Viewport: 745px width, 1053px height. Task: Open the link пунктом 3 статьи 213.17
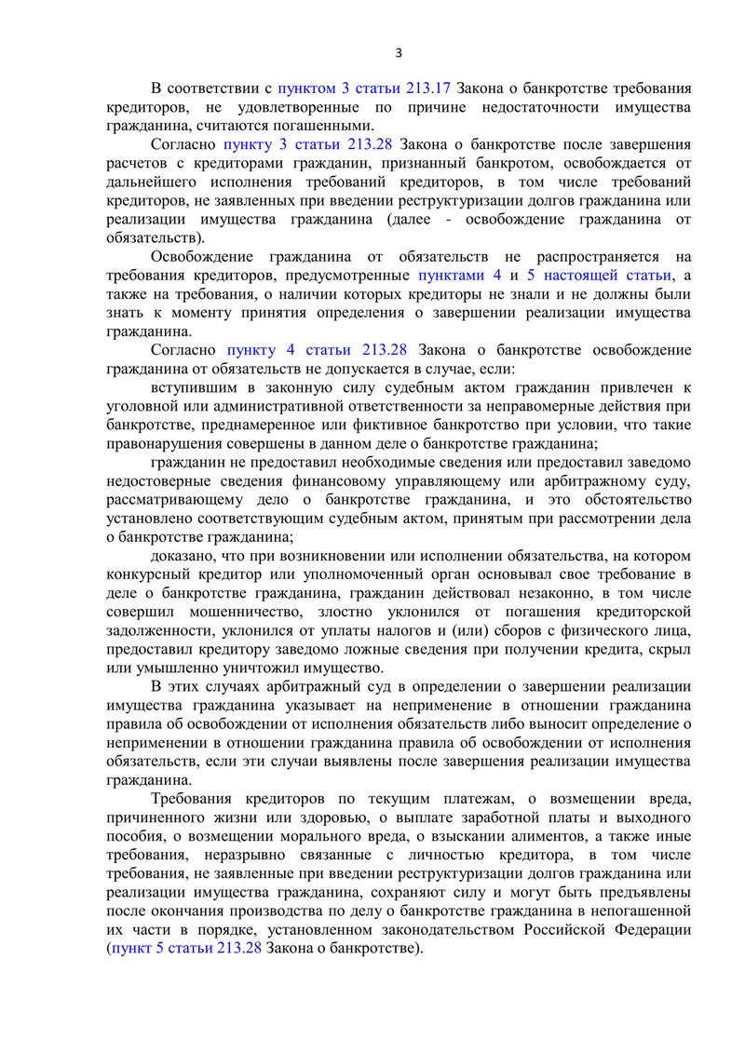365,88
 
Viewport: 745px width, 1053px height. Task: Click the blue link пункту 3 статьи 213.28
306,144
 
